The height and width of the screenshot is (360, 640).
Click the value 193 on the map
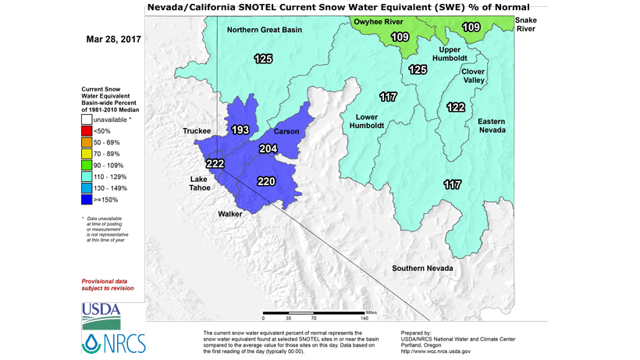pos(240,130)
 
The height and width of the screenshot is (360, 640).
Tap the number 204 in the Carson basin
pos(268,148)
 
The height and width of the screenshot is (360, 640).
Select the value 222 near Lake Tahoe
pos(215,162)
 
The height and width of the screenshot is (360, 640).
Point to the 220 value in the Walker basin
pos(267,181)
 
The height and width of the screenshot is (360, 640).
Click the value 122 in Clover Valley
pos(456,107)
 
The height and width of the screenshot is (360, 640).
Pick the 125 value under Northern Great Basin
pos(263,59)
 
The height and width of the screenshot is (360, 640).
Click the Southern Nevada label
pos(422,269)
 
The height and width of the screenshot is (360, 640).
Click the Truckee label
pos(197,130)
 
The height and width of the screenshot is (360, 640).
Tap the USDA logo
pos(101,315)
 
